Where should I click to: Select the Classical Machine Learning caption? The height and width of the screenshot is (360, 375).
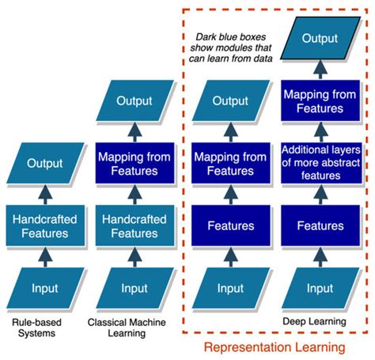click(128, 328)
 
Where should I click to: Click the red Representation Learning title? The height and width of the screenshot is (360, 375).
click(275, 347)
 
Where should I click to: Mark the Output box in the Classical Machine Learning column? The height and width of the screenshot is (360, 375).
click(134, 101)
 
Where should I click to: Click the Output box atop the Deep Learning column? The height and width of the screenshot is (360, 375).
click(322, 39)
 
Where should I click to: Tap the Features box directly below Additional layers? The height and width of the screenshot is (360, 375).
click(320, 225)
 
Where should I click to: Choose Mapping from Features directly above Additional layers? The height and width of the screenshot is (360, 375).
click(320, 101)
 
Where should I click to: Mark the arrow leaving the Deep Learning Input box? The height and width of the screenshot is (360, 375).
click(320, 256)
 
